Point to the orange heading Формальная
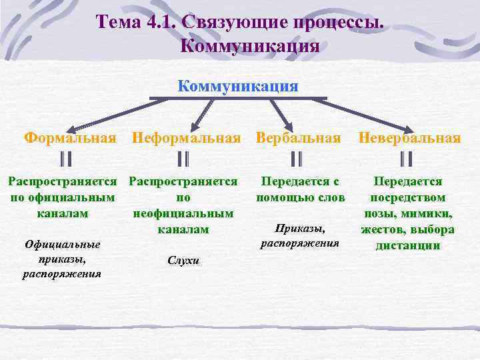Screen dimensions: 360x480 pos(70,138)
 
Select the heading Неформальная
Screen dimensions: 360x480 pos(186,138)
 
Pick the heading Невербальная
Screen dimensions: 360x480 pos(409,138)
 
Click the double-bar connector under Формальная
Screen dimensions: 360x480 pos(65,159)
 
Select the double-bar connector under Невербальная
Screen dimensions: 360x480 pos(407,159)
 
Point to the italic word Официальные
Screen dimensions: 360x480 pos(61,244)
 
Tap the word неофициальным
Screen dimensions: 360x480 pos(183,213)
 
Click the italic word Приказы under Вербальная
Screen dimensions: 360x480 pos(299,229)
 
